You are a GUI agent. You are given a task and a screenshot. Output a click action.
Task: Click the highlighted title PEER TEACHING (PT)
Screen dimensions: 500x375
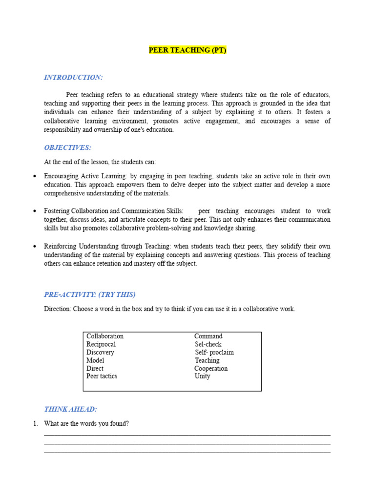point(187,50)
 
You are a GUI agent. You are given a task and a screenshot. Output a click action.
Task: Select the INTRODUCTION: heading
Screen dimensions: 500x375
point(73,77)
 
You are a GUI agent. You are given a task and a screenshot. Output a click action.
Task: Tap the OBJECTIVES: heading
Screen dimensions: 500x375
point(67,147)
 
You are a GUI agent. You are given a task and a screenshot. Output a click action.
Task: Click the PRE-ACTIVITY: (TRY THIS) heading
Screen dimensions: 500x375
point(90,294)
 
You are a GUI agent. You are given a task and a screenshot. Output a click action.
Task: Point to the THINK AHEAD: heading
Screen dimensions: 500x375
point(70,409)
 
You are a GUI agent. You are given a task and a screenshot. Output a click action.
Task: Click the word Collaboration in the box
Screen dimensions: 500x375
point(105,336)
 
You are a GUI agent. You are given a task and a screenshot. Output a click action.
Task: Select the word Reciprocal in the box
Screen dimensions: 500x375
point(101,344)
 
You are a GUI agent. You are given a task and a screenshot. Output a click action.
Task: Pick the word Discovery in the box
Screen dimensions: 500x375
point(100,353)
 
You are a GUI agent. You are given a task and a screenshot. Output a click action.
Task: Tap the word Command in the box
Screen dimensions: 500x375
point(208,336)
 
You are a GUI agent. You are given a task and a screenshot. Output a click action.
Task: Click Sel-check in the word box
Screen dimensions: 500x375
point(208,344)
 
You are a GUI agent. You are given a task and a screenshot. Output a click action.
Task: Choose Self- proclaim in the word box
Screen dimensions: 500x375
point(214,353)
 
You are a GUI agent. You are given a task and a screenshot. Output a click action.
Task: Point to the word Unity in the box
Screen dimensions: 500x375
point(202,376)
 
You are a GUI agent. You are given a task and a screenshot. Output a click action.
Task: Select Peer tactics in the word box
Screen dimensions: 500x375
point(102,376)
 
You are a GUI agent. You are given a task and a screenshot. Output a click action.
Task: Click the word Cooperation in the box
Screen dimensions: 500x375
point(211,369)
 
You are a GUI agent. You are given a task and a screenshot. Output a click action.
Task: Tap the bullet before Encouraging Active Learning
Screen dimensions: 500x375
point(34,176)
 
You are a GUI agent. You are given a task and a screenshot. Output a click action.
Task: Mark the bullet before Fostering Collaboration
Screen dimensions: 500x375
point(34,211)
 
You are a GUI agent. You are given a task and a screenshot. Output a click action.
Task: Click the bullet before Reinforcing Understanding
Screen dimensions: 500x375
point(34,247)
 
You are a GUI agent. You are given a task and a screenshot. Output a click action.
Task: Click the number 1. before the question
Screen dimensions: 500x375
point(36,424)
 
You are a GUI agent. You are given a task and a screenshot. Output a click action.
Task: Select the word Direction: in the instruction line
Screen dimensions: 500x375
point(58,309)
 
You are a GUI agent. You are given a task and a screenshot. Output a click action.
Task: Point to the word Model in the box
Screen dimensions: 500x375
point(95,360)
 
